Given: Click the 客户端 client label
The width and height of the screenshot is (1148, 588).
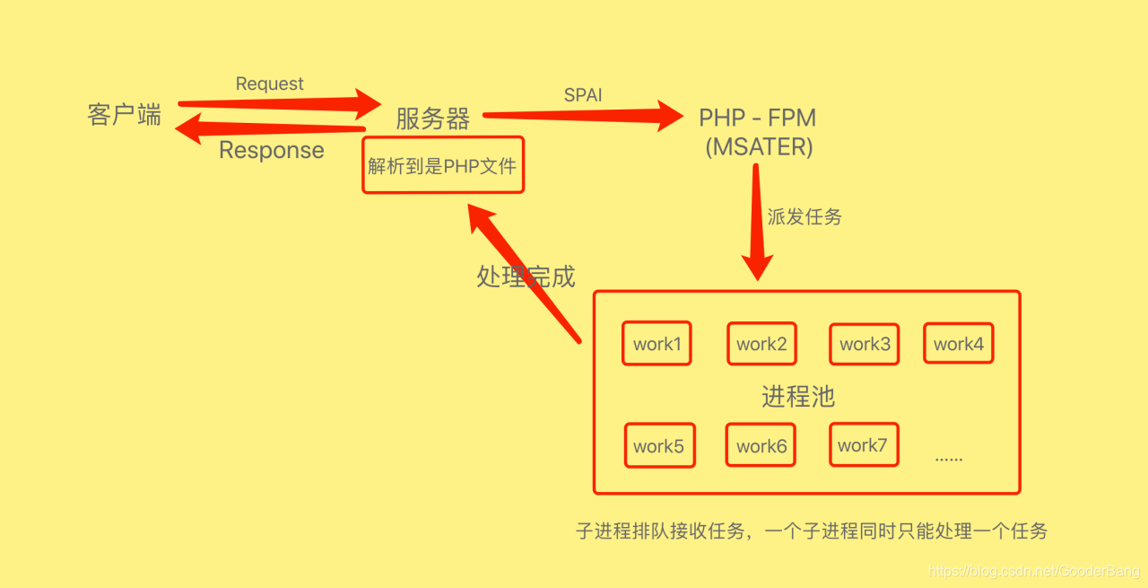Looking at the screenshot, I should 125,115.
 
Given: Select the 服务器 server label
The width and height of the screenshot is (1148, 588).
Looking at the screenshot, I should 432,118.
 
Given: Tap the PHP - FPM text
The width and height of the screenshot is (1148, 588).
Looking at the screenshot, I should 758,118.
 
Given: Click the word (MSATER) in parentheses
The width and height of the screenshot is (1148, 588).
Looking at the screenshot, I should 759,147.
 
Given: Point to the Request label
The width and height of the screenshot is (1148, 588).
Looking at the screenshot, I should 269,83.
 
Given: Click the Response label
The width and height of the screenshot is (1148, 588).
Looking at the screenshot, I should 272,150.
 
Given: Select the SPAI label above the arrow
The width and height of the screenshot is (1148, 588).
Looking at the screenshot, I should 583,95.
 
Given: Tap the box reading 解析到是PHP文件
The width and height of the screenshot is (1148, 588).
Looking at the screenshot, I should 443,165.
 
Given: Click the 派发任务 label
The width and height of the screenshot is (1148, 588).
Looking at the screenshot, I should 804,217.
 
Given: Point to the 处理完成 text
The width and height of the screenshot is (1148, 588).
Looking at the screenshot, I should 526,276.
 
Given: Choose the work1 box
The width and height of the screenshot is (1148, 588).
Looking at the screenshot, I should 657,344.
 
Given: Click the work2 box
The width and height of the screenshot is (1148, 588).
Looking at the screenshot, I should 761,344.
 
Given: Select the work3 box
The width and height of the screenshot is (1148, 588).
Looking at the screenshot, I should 865,344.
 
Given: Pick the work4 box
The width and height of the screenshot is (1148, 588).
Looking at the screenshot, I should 958,344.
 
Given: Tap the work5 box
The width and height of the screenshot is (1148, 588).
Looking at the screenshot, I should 659,446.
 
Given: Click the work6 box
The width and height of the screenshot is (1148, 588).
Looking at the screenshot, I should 761,446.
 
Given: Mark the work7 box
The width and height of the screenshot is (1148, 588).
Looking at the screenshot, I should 863,445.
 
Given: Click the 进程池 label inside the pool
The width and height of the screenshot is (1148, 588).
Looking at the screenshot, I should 798,396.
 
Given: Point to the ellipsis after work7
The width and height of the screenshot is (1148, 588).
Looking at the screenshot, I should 948,458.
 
